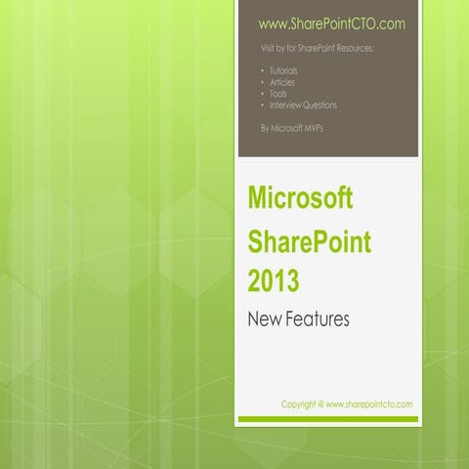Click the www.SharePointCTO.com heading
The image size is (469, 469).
(331, 22)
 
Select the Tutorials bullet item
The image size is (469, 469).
(284, 71)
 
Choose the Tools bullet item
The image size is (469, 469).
(278, 94)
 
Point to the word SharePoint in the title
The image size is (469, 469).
(309, 242)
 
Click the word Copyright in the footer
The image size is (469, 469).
(301, 404)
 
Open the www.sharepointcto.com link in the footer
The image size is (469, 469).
(369, 404)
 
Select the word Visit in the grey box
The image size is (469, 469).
(268, 47)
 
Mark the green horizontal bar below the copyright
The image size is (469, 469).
(328, 419)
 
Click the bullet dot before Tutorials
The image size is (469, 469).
(262, 71)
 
